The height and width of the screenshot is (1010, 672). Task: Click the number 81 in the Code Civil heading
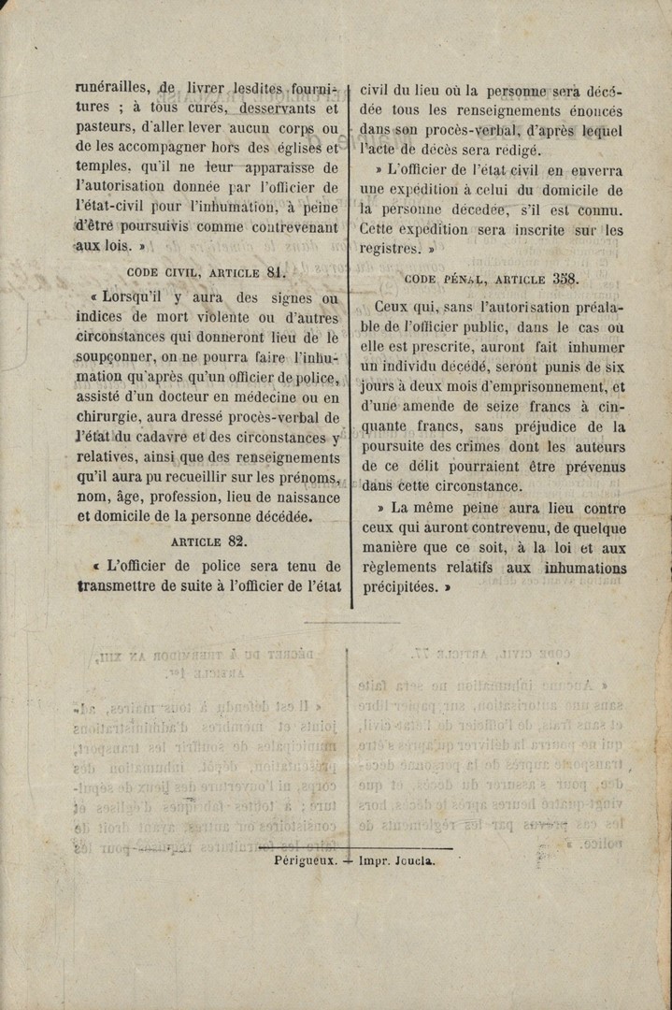tap(275, 272)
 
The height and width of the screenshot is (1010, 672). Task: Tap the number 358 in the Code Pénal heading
tap(565, 278)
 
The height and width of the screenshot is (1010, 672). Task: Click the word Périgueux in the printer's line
tap(306, 860)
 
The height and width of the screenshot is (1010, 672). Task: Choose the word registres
tap(390, 249)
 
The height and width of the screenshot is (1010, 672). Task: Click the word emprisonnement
tap(546, 386)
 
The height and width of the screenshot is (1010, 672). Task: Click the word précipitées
tap(400, 587)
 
